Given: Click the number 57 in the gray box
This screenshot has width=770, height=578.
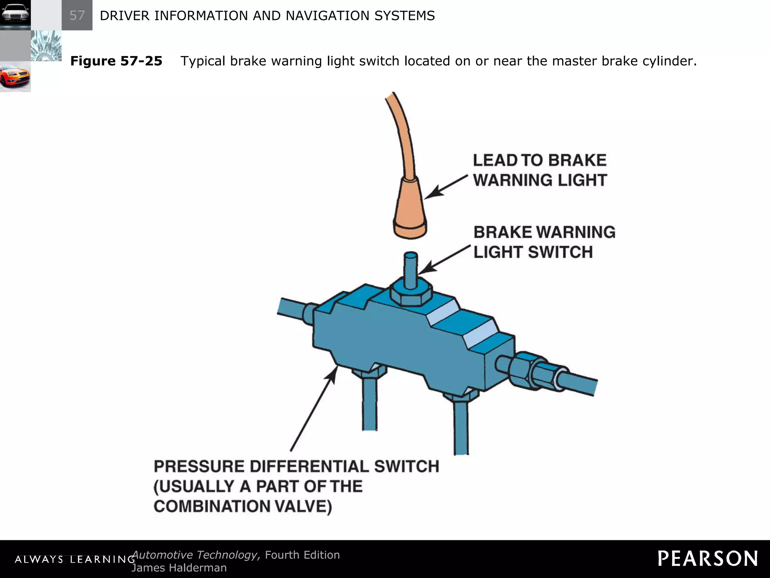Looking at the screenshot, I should pos(77,15).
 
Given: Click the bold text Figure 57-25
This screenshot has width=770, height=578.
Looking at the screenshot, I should pos(116,61).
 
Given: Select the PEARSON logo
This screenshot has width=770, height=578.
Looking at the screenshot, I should pos(708,559).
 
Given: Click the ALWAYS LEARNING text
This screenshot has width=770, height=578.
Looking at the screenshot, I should pos(74,560).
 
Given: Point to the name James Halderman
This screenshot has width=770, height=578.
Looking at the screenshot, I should pos(179,568).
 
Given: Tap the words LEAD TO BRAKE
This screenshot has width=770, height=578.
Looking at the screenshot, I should pos(539,160).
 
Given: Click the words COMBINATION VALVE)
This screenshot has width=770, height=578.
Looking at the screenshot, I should pos(243,507).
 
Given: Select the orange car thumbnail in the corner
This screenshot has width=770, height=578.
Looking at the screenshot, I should pos(15,77).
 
